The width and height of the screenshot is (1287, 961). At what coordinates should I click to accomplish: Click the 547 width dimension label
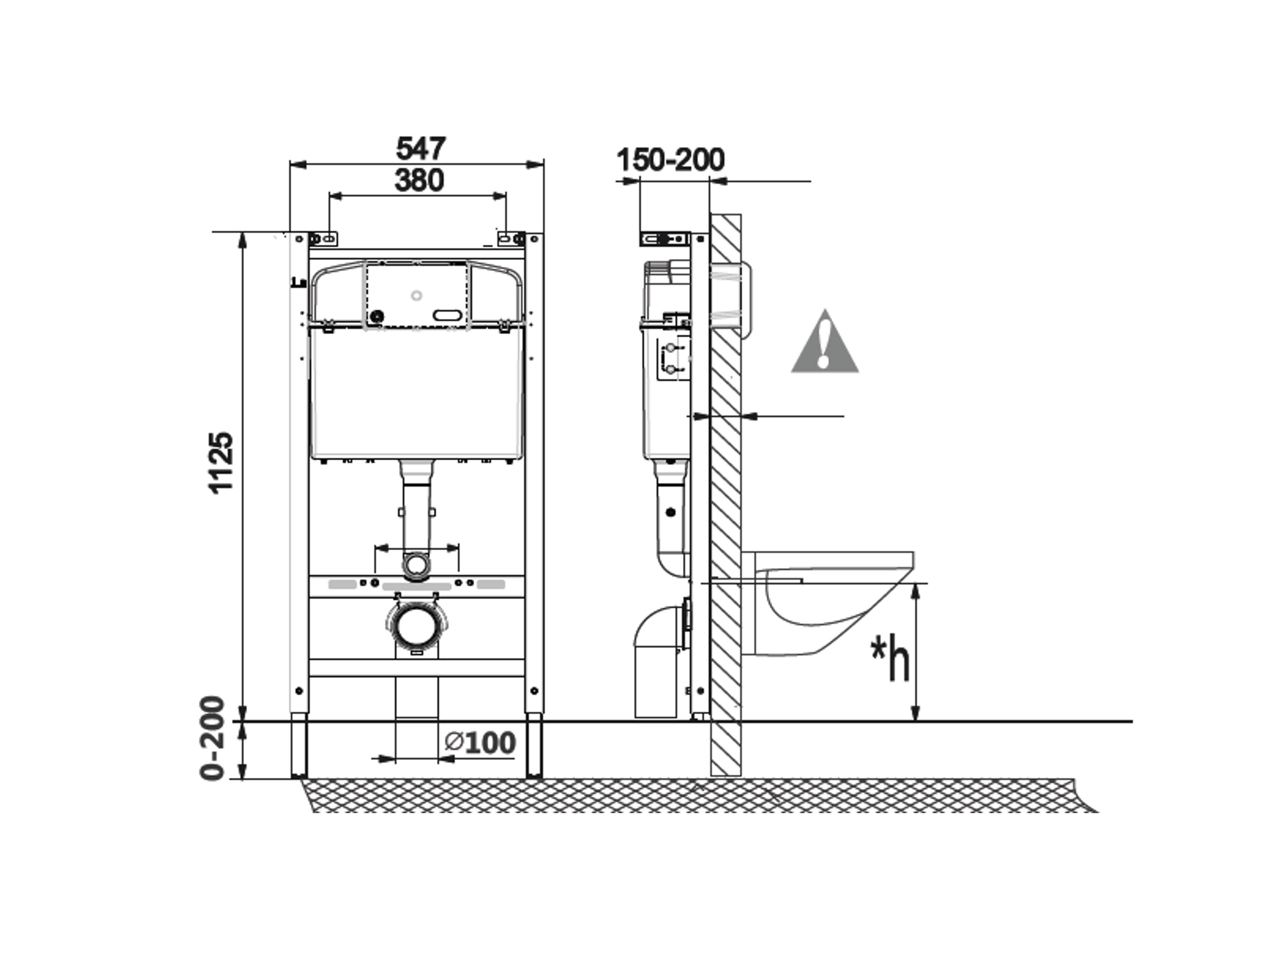point(420,148)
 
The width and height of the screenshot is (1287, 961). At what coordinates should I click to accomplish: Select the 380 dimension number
point(419,180)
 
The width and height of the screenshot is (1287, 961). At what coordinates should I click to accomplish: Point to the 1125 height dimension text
point(222,463)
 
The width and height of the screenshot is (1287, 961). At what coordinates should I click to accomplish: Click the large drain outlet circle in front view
point(416,625)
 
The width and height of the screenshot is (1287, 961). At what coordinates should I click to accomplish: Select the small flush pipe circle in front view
point(416,564)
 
